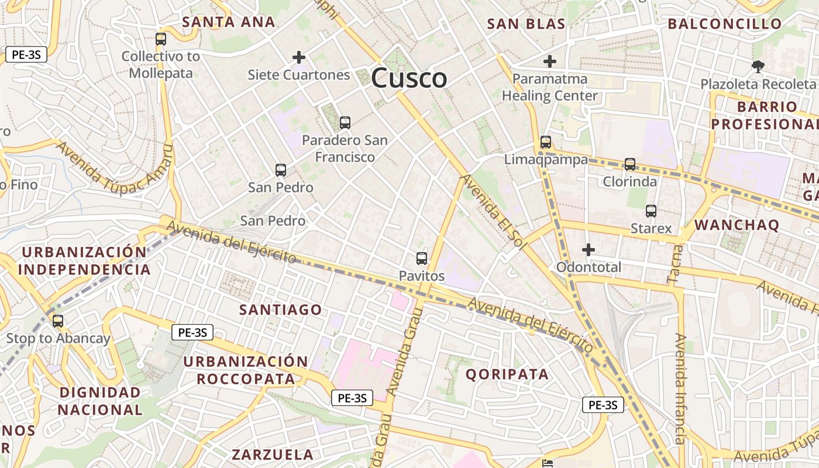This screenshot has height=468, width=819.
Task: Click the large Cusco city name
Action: coord(409,78)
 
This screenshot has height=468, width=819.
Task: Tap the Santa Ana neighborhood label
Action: coord(228,22)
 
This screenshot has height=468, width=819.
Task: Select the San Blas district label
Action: coord(526,24)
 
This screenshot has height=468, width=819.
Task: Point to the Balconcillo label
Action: coord(724,24)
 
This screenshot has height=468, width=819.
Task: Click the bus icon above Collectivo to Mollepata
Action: coord(161,40)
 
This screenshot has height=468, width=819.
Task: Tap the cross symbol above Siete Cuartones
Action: coord(299,57)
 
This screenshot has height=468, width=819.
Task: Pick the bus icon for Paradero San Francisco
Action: coord(345,123)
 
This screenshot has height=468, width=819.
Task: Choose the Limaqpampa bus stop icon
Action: coord(546,142)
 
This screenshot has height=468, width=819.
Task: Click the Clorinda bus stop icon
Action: coord(630,164)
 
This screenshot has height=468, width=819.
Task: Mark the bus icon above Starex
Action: coord(651,211)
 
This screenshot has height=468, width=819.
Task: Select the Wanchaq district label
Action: coord(737,225)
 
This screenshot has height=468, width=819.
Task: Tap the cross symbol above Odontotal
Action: coord(589,250)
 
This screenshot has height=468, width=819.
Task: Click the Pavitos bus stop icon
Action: coord(422,259)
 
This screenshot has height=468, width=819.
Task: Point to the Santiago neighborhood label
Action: coord(281,309)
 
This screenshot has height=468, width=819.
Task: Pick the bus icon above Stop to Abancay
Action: coord(58,321)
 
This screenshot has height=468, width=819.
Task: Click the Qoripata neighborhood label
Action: coord(507,374)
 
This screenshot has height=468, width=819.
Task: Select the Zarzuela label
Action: coord(273,455)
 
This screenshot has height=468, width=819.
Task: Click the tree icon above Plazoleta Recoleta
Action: coord(758,67)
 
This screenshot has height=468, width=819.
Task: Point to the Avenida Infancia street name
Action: coord(680,389)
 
